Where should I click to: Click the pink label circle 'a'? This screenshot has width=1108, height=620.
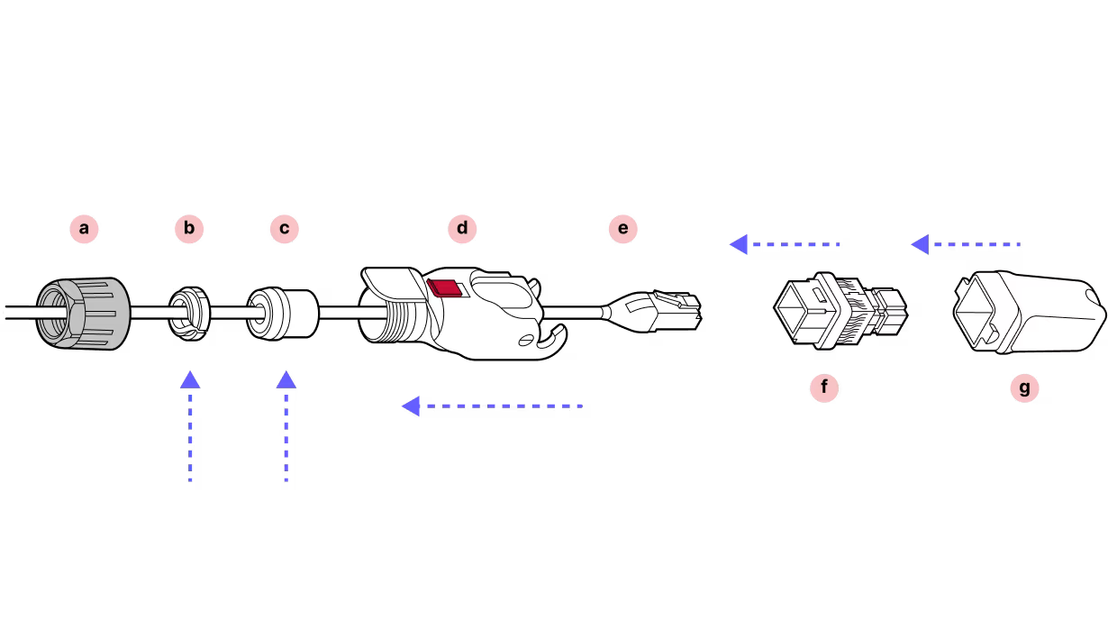point(84,229)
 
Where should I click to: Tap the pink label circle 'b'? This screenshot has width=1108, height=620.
point(189,229)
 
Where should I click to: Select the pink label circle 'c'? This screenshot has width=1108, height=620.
point(284,229)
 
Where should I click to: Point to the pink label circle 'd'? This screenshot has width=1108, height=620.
point(462,229)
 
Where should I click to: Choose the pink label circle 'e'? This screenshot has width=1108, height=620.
point(622,229)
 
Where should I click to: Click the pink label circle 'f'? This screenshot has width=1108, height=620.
point(823,388)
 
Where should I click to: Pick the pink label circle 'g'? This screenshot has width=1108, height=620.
point(1024,388)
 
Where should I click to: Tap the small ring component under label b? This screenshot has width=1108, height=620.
point(190,313)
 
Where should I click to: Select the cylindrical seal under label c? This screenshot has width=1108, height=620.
point(284,313)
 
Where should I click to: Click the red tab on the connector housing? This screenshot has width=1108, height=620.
point(444,288)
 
